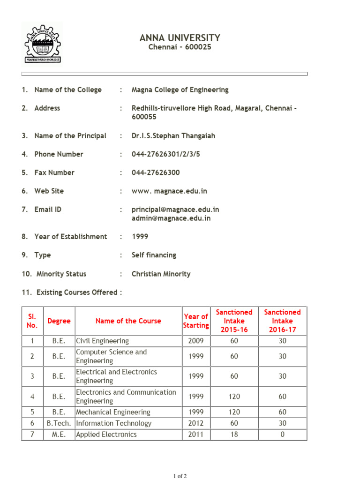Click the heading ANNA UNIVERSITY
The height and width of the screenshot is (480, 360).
coord(180,38)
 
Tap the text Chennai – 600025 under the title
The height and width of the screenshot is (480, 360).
coord(180,47)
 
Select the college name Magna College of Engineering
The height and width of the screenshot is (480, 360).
coord(180,90)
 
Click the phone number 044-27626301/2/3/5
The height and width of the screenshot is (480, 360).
coord(165,154)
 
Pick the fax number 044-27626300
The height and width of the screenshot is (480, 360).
coord(156,172)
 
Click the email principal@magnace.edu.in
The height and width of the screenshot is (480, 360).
coord(175,210)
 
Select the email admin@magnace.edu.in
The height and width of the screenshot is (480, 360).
coord(171,218)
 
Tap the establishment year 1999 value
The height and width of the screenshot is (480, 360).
coord(140,237)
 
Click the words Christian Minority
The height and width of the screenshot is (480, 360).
coord(161,274)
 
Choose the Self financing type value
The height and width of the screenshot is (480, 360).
coord(154,255)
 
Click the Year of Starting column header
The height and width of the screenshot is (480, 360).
coord(196,321)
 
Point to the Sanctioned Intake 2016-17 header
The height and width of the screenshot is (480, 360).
coord(282,321)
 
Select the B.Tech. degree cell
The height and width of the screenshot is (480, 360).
coord(59,423)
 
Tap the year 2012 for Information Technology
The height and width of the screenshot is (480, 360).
coord(196,423)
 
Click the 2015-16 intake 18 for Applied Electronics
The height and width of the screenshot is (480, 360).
coord(234,435)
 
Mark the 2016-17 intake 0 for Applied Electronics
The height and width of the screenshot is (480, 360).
coord(282,435)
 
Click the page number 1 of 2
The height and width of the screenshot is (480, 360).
coord(180,476)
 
